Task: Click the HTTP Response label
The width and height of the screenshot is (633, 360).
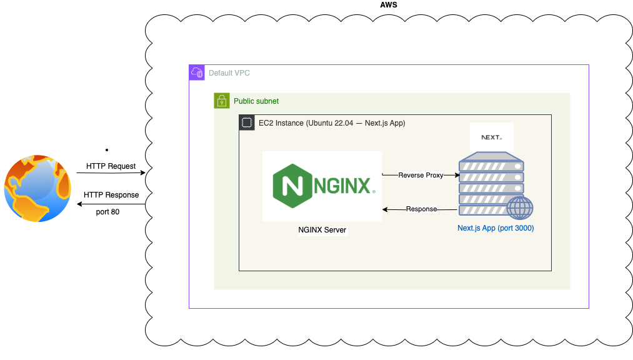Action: click(111, 195)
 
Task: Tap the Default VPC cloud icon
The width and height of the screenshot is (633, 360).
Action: click(197, 72)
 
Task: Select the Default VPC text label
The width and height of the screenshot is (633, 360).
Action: click(229, 73)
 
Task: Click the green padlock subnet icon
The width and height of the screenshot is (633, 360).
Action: click(222, 101)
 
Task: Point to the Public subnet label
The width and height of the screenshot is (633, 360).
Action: click(256, 101)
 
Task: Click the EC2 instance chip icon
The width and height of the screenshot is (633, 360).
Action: click(247, 122)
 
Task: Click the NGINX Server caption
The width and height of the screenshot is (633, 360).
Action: click(322, 230)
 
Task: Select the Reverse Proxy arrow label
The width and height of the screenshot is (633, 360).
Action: click(421, 175)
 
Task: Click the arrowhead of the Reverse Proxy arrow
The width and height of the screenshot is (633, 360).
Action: click(457, 175)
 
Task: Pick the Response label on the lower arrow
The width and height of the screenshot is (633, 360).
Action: click(421, 209)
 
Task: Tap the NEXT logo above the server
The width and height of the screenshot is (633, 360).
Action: click(492, 137)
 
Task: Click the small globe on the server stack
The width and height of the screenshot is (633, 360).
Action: click(520, 207)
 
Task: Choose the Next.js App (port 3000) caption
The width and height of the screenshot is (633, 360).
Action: click(496, 228)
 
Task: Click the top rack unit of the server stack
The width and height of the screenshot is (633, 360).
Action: click(491, 166)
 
